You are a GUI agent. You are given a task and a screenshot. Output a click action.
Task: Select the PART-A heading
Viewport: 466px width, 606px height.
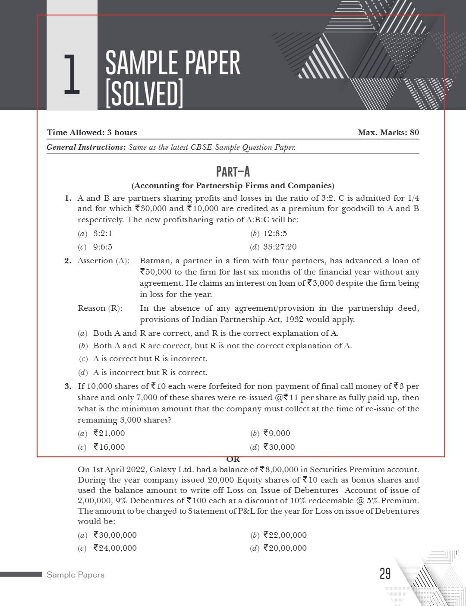233,172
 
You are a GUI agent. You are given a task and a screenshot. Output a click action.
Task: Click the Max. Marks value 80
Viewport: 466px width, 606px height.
414,133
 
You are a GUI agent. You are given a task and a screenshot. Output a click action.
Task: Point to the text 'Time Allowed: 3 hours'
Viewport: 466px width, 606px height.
92,133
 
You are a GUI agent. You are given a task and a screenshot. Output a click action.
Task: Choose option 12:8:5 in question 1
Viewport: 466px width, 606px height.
275,234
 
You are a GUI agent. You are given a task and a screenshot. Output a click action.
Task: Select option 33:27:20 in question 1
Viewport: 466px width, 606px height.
280,247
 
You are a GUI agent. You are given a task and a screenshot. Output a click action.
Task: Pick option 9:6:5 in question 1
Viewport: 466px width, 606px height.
103,247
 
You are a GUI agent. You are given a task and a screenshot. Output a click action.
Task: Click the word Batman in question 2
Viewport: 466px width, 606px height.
154,261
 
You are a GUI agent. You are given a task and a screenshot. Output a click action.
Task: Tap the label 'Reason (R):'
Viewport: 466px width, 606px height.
100,308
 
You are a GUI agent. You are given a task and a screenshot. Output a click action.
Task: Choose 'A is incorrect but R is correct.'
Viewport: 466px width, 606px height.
150,372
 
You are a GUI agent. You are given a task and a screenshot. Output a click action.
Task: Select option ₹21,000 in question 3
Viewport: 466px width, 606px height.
109,433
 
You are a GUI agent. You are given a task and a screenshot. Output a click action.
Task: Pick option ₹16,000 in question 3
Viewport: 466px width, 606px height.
109,447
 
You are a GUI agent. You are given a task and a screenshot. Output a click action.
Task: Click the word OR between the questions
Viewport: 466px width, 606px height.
233,459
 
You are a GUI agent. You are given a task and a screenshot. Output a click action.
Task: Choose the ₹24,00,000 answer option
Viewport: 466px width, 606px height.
115,548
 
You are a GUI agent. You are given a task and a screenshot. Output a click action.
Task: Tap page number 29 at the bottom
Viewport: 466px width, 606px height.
385,574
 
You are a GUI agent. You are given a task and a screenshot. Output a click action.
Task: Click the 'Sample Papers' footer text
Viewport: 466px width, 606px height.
76,575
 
